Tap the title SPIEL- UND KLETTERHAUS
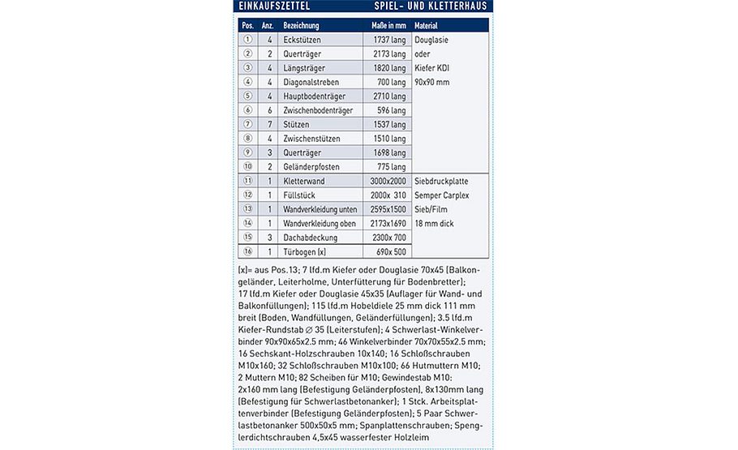point(435,6)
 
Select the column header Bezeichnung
point(301,25)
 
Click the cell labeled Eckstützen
point(301,40)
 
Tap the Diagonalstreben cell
point(311,82)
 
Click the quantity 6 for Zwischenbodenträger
point(268,110)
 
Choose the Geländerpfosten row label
point(311,167)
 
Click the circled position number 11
point(248,181)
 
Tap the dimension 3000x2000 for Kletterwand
point(387,181)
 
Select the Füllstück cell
point(299,195)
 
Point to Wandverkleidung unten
point(321,209)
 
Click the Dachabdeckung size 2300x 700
point(388,238)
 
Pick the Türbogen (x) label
point(304,252)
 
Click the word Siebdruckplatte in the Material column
point(440,181)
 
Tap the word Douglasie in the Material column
point(431,40)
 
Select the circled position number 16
point(248,252)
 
